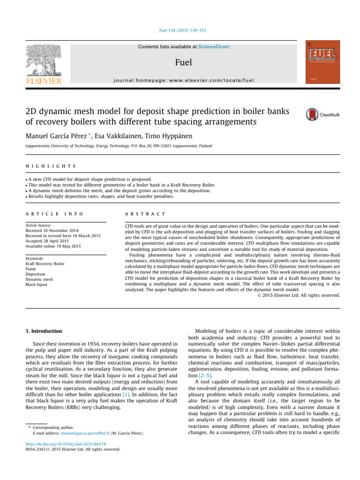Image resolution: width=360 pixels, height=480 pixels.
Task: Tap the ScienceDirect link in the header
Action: point(214,47)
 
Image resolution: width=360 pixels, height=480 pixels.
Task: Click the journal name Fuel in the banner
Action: point(183,62)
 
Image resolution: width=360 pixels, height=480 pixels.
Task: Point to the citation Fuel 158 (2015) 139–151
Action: point(180,30)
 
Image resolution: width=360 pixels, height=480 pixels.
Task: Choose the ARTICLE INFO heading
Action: point(54,214)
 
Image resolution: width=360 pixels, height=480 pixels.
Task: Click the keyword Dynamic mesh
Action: point(39,279)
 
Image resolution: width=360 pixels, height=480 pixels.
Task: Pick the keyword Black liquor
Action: point(37,285)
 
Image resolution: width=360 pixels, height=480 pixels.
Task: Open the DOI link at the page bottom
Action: point(65,444)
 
